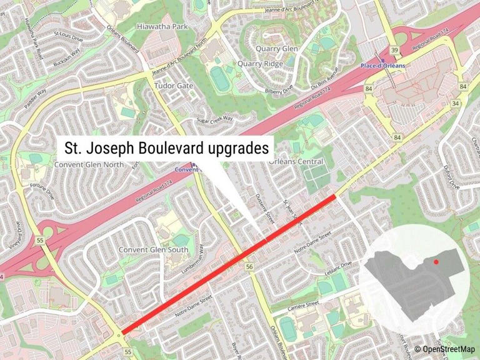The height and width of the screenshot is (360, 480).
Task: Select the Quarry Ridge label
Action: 260,63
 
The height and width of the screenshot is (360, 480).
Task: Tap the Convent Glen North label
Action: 90,164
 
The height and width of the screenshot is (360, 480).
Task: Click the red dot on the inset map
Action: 436,262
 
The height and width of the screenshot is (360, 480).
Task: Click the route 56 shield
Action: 249,267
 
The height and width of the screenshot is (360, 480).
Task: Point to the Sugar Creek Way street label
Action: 214,119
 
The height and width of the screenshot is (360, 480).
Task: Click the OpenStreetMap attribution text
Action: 446,349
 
